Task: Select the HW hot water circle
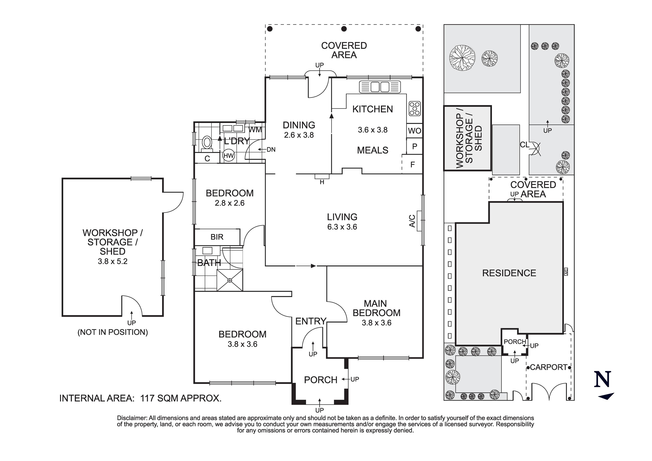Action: click(x=229, y=156)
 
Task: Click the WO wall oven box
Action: click(x=415, y=131)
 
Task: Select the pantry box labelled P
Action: click(x=415, y=146)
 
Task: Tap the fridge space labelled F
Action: click(x=413, y=164)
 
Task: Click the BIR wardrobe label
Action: click(x=217, y=237)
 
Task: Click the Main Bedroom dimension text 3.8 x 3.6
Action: click(x=376, y=323)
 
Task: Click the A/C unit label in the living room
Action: click(x=412, y=221)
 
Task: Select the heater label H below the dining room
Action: click(x=322, y=182)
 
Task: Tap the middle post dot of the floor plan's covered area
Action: click(x=344, y=29)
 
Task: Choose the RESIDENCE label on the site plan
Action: click(x=509, y=273)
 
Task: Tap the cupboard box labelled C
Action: click(x=207, y=159)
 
